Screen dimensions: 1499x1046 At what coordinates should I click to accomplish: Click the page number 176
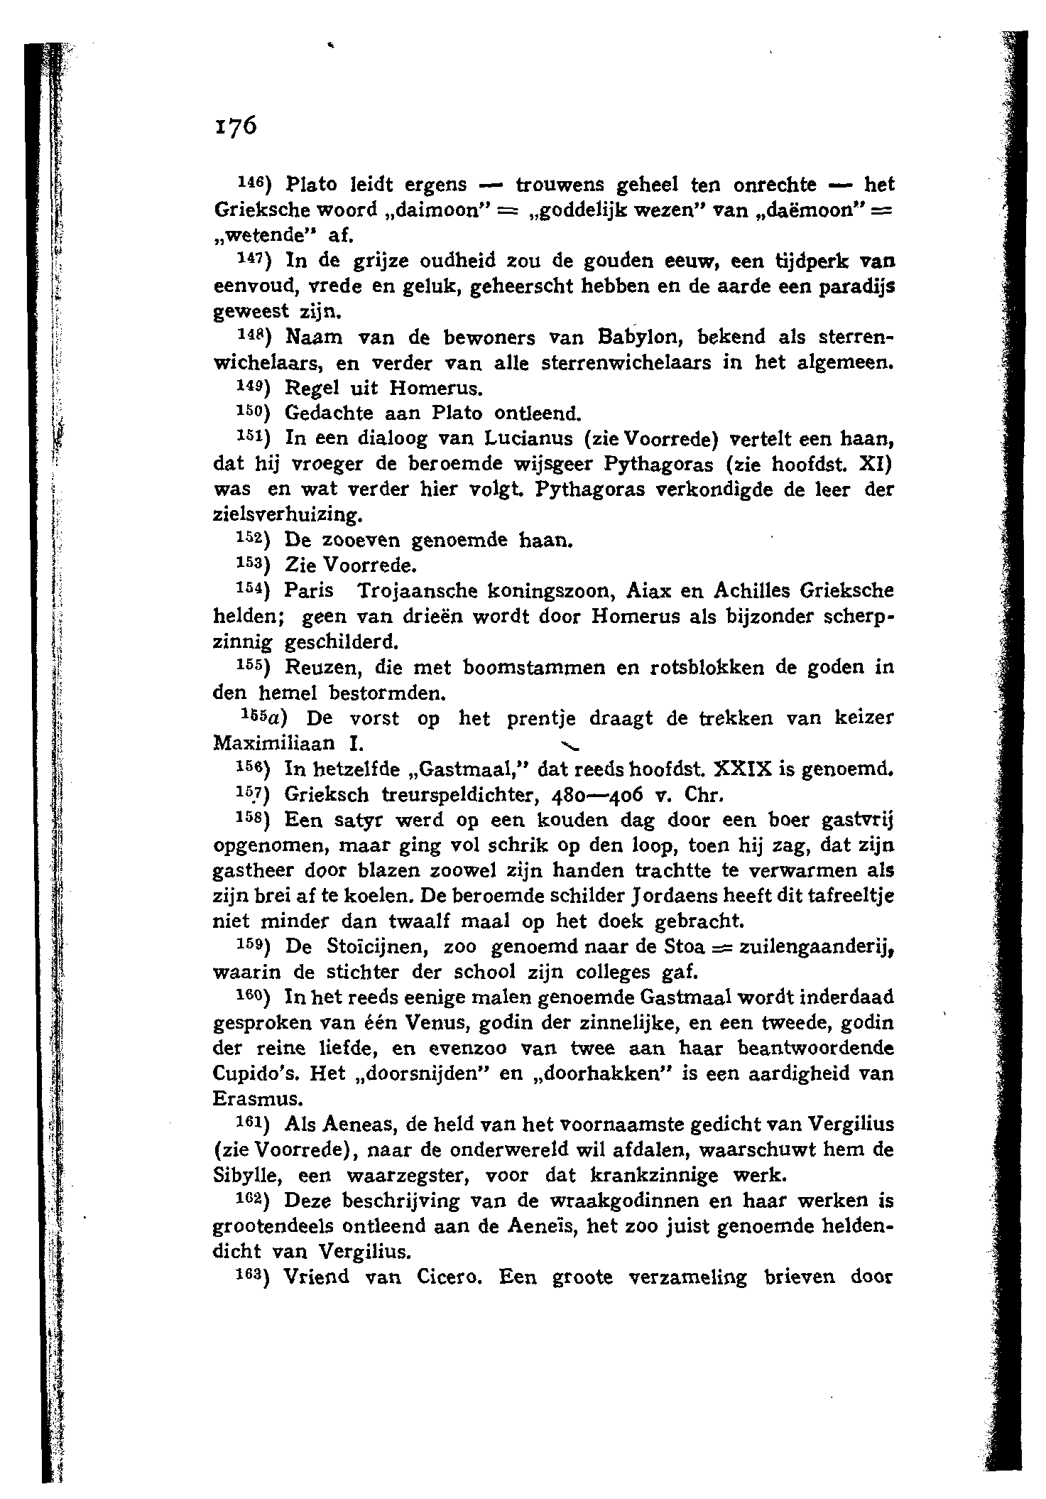pos(234,126)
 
